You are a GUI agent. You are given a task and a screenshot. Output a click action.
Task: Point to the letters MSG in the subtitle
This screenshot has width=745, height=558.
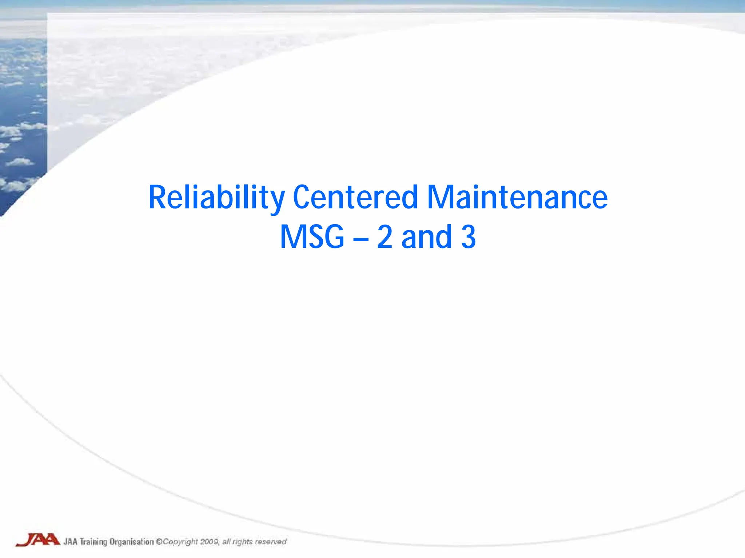312,237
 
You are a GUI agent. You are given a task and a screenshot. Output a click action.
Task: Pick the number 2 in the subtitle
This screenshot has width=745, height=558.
385,237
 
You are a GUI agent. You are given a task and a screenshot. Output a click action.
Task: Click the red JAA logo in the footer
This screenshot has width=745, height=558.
38,540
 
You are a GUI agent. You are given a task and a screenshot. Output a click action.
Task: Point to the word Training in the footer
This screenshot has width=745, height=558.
93,542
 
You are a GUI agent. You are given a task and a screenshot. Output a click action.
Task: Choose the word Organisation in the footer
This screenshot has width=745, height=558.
132,542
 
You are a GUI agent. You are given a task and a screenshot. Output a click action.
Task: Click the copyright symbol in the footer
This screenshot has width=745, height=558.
159,542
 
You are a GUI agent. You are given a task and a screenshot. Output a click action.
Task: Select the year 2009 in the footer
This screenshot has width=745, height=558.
209,542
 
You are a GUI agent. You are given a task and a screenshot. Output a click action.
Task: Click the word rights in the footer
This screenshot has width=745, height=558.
242,542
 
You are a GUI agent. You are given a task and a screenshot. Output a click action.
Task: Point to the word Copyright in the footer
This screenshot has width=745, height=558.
180,542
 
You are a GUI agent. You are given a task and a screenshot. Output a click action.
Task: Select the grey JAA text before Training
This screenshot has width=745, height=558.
71,542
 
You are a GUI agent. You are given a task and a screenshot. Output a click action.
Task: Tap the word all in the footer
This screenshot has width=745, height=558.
226,542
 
